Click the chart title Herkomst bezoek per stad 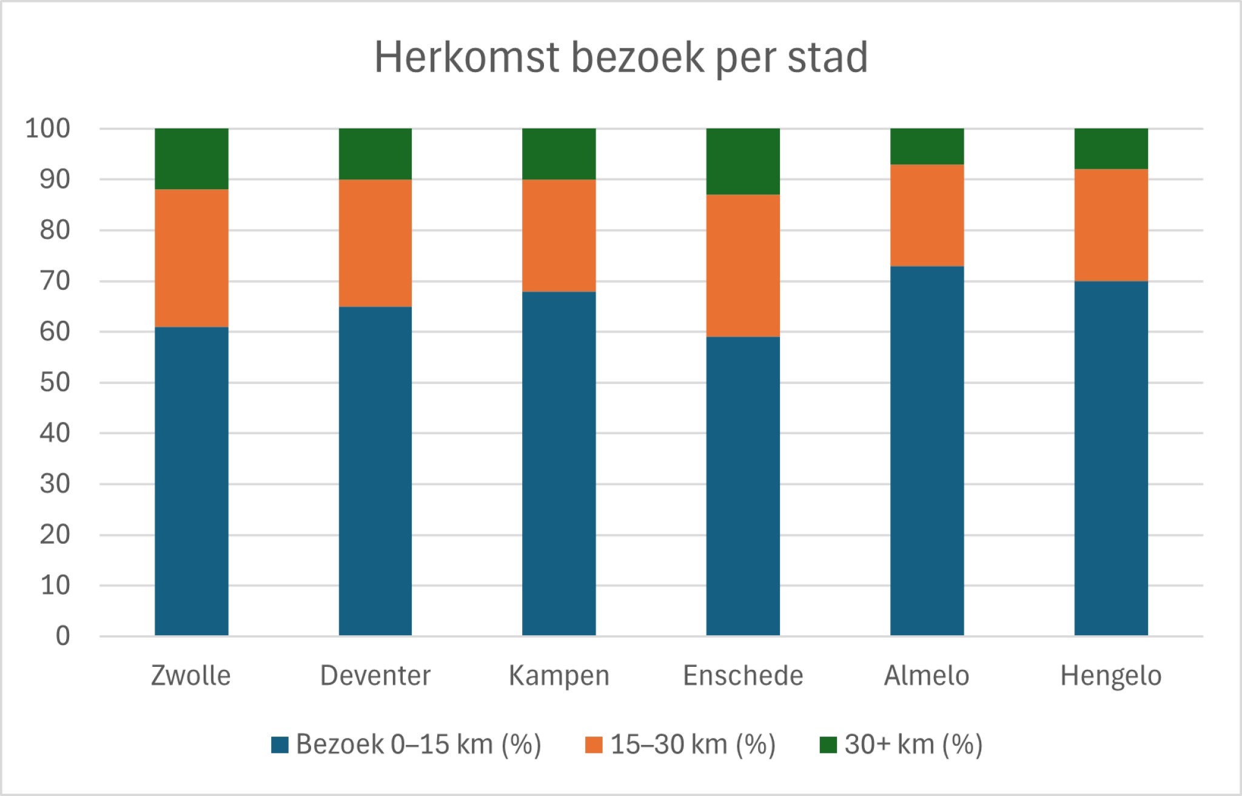621,58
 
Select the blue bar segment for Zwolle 192,481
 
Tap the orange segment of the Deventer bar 375,242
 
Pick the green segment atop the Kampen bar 559,154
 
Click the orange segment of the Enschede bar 743,266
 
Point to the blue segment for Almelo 927,450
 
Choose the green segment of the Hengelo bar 1111,149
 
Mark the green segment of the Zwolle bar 192,159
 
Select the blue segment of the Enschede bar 743,486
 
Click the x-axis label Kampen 559,676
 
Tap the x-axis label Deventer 375,675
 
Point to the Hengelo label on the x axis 1111,676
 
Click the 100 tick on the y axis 48,129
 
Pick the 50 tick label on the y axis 55,383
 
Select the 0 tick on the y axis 63,636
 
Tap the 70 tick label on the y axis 55,281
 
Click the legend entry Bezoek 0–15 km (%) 406,744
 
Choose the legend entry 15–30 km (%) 680,744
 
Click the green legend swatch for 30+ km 828,744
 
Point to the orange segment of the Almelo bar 927,215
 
